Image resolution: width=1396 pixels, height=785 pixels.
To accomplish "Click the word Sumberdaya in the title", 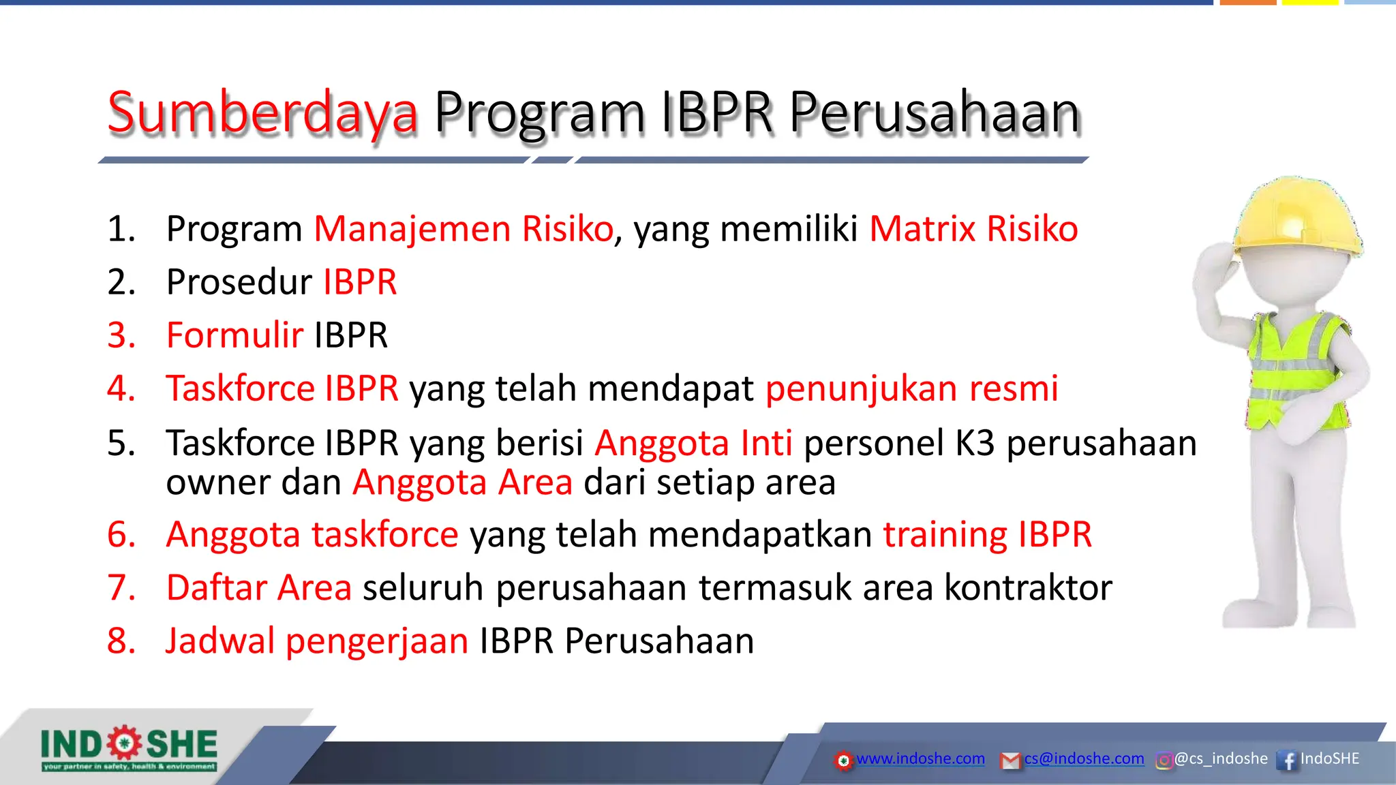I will pyautogui.click(x=262, y=112).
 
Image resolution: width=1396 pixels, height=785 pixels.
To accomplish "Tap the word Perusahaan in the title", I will pyautogui.click(x=935, y=112).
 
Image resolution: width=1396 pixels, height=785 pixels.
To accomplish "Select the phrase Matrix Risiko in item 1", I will pyautogui.click(x=973, y=229).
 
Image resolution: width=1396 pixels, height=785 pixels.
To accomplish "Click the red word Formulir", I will pyautogui.click(x=234, y=335).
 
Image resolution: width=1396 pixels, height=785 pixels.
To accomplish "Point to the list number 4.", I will pyautogui.click(x=121, y=388).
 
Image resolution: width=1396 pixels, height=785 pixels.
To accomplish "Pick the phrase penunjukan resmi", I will pyautogui.click(x=911, y=388).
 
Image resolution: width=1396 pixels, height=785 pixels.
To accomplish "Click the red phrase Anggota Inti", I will pyautogui.click(x=693, y=443).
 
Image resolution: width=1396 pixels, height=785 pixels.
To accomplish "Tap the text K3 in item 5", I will pyautogui.click(x=975, y=443).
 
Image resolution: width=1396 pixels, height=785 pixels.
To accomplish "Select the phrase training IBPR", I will pyautogui.click(x=987, y=534).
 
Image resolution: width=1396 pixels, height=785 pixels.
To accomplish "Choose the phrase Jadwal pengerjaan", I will pyautogui.click(x=317, y=641).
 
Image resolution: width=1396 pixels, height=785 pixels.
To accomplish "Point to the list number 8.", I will pyautogui.click(x=121, y=641).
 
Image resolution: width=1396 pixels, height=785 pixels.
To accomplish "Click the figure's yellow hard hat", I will pyautogui.click(x=1295, y=218).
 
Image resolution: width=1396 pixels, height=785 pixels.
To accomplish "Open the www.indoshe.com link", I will pyautogui.click(x=920, y=758).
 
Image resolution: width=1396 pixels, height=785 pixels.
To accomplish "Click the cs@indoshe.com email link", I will pyautogui.click(x=1084, y=758).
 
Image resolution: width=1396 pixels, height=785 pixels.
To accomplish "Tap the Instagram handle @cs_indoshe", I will pyautogui.click(x=1220, y=758).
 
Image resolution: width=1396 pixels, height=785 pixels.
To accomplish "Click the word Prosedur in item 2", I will pyautogui.click(x=239, y=282).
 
